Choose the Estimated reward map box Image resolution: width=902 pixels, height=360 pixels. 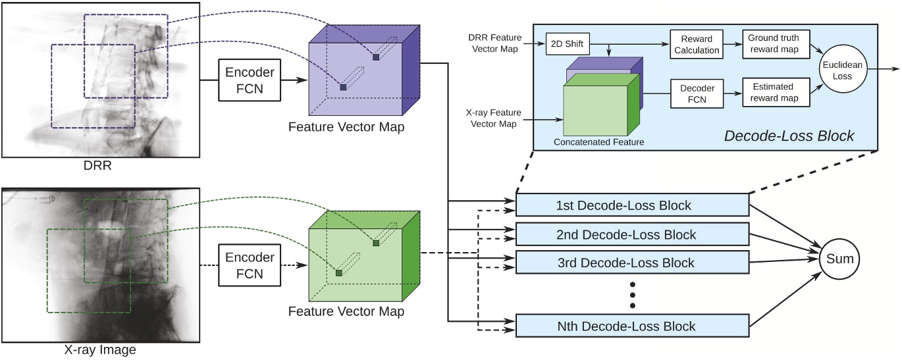coord(772,93)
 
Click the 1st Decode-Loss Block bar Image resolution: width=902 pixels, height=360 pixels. coord(632,205)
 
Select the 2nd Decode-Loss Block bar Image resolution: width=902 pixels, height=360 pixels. coord(632,234)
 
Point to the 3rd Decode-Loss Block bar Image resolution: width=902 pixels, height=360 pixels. coord(632,263)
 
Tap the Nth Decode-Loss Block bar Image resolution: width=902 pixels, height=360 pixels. coord(632,326)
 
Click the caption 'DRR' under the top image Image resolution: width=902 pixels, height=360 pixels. coord(97,166)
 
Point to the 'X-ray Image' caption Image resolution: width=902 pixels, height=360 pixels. coord(97,350)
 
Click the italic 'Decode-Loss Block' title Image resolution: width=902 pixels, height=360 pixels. coord(789,136)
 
